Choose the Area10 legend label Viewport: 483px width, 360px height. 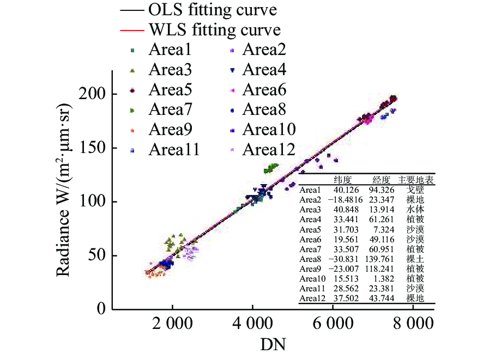click(x=269, y=130)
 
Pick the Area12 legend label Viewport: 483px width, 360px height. click(x=269, y=149)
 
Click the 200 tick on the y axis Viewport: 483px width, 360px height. click(x=93, y=94)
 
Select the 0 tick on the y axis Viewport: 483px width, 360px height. click(x=101, y=309)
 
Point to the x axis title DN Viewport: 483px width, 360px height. click(x=273, y=345)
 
